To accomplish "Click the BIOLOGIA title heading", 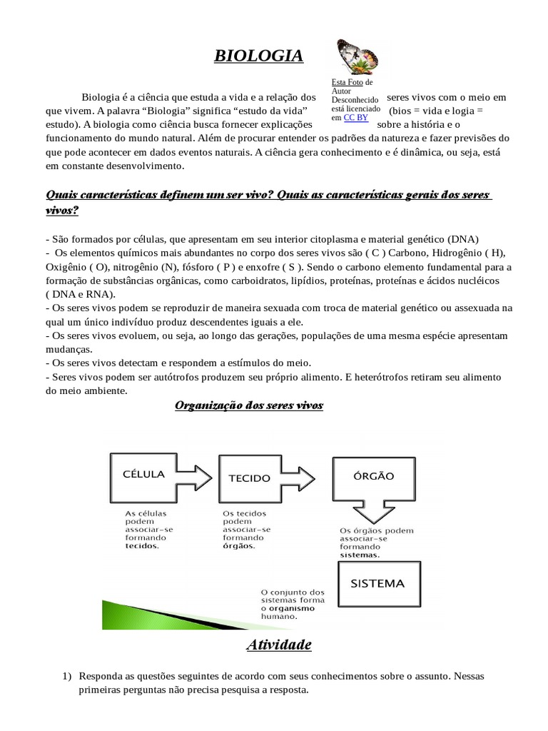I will [259, 56].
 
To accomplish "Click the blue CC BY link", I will [355, 117].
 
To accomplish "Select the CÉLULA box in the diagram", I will [145, 473].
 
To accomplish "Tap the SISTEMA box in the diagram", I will [377, 583].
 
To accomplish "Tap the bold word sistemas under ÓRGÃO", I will [360, 555].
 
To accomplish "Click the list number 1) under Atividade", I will [66, 675].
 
